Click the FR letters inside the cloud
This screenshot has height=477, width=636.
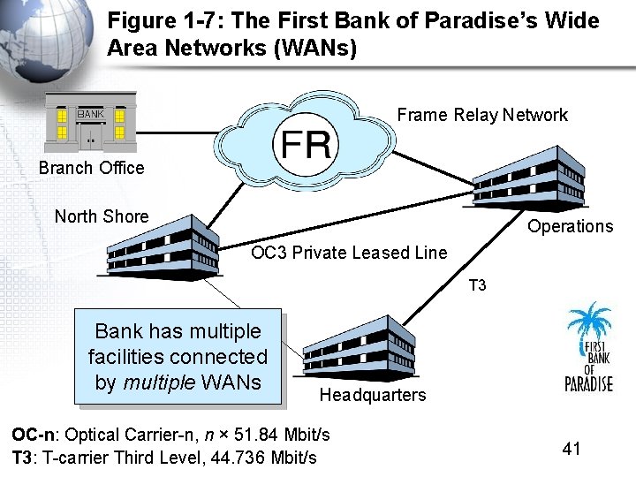307,143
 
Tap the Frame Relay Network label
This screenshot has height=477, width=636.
482,115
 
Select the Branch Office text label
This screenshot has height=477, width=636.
91,168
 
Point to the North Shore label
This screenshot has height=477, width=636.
102,216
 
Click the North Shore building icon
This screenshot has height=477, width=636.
163,247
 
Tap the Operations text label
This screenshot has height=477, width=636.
570,226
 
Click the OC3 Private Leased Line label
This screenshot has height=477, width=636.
349,254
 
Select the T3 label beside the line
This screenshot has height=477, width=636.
477,285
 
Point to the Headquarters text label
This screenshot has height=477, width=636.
372,395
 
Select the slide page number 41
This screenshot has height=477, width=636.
572,449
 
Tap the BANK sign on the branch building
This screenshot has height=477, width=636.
90,114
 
